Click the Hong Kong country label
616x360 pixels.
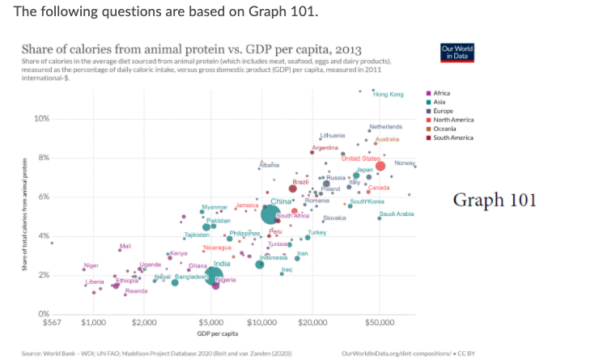(389, 95)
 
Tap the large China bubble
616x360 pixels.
(271, 214)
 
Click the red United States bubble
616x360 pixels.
(380, 167)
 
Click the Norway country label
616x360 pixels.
(404, 163)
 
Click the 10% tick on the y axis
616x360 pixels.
(41, 120)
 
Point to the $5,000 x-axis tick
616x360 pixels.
(211, 324)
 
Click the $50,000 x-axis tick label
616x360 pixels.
(379, 324)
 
